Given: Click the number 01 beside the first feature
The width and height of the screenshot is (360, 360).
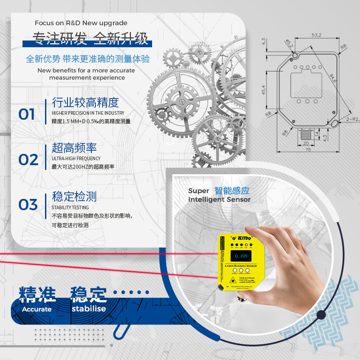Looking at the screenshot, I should (27, 114).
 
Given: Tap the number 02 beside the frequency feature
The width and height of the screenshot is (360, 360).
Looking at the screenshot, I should (28, 160).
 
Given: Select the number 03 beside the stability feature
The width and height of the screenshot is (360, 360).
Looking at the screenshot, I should (28, 205).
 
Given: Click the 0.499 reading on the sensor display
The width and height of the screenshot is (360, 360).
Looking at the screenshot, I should (241, 256).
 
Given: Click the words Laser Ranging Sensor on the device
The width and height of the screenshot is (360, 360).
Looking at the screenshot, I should (241, 266).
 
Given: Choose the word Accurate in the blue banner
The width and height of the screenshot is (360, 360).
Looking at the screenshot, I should (37, 309).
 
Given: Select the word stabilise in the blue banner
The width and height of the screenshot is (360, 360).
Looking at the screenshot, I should (89, 309).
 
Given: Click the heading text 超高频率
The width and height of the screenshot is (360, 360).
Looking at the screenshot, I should (74, 148).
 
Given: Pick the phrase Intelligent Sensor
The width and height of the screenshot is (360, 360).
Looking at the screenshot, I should (219, 199).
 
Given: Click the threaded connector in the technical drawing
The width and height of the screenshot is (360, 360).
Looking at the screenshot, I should (306, 133).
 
